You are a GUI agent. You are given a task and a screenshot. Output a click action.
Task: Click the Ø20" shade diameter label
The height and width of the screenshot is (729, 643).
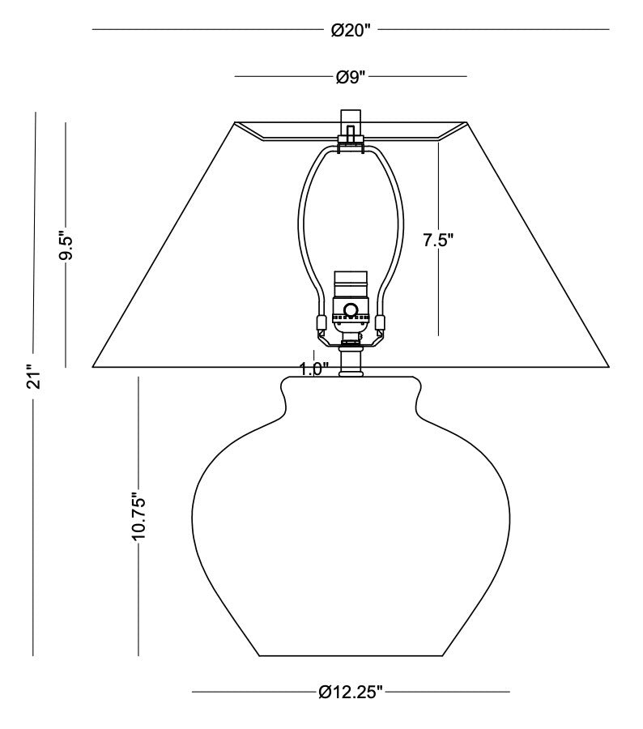351,30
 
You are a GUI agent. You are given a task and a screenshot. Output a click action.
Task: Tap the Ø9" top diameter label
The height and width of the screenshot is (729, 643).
351,77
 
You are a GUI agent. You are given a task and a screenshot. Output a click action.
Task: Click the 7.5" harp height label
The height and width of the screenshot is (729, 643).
438,240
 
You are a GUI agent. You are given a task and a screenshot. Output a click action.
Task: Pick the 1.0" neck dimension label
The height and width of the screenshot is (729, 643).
314,369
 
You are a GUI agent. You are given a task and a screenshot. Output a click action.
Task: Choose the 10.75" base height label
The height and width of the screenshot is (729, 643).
139,516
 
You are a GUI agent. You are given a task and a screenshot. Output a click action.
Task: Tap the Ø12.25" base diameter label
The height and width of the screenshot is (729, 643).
351,692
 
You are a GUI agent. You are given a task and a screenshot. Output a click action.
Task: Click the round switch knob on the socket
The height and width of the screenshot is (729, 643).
350,309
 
